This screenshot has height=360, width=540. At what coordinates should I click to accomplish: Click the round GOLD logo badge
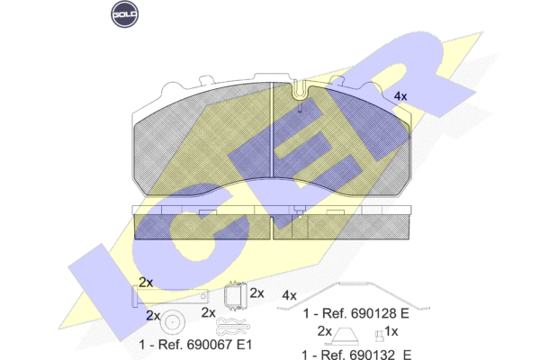pyautogui.click(x=125, y=14)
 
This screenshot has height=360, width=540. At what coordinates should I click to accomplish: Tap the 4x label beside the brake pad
pyautogui.click(x=400, y=96)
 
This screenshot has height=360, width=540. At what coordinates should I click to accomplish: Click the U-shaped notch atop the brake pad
pyautogui.click(x=300, y=91)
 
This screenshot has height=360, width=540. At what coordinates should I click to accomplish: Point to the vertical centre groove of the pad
pyautogui.click(x=272, y=130)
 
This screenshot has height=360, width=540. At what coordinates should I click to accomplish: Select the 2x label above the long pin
pyautogui.click(x=146, y=283)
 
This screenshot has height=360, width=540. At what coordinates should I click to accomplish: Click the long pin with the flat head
pyautogui.click(x=170, y=296)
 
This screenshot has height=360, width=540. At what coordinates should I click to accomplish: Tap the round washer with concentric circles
pyautogui.click(x=172, y=322)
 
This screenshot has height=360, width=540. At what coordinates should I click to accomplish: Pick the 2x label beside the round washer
pyautogui.click(x=153, y=316)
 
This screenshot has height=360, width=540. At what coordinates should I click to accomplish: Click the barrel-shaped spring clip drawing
pyautogui.click(x=236, y=295)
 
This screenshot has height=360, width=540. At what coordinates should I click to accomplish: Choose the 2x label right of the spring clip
pyautogui.click(x=256, y=293)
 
